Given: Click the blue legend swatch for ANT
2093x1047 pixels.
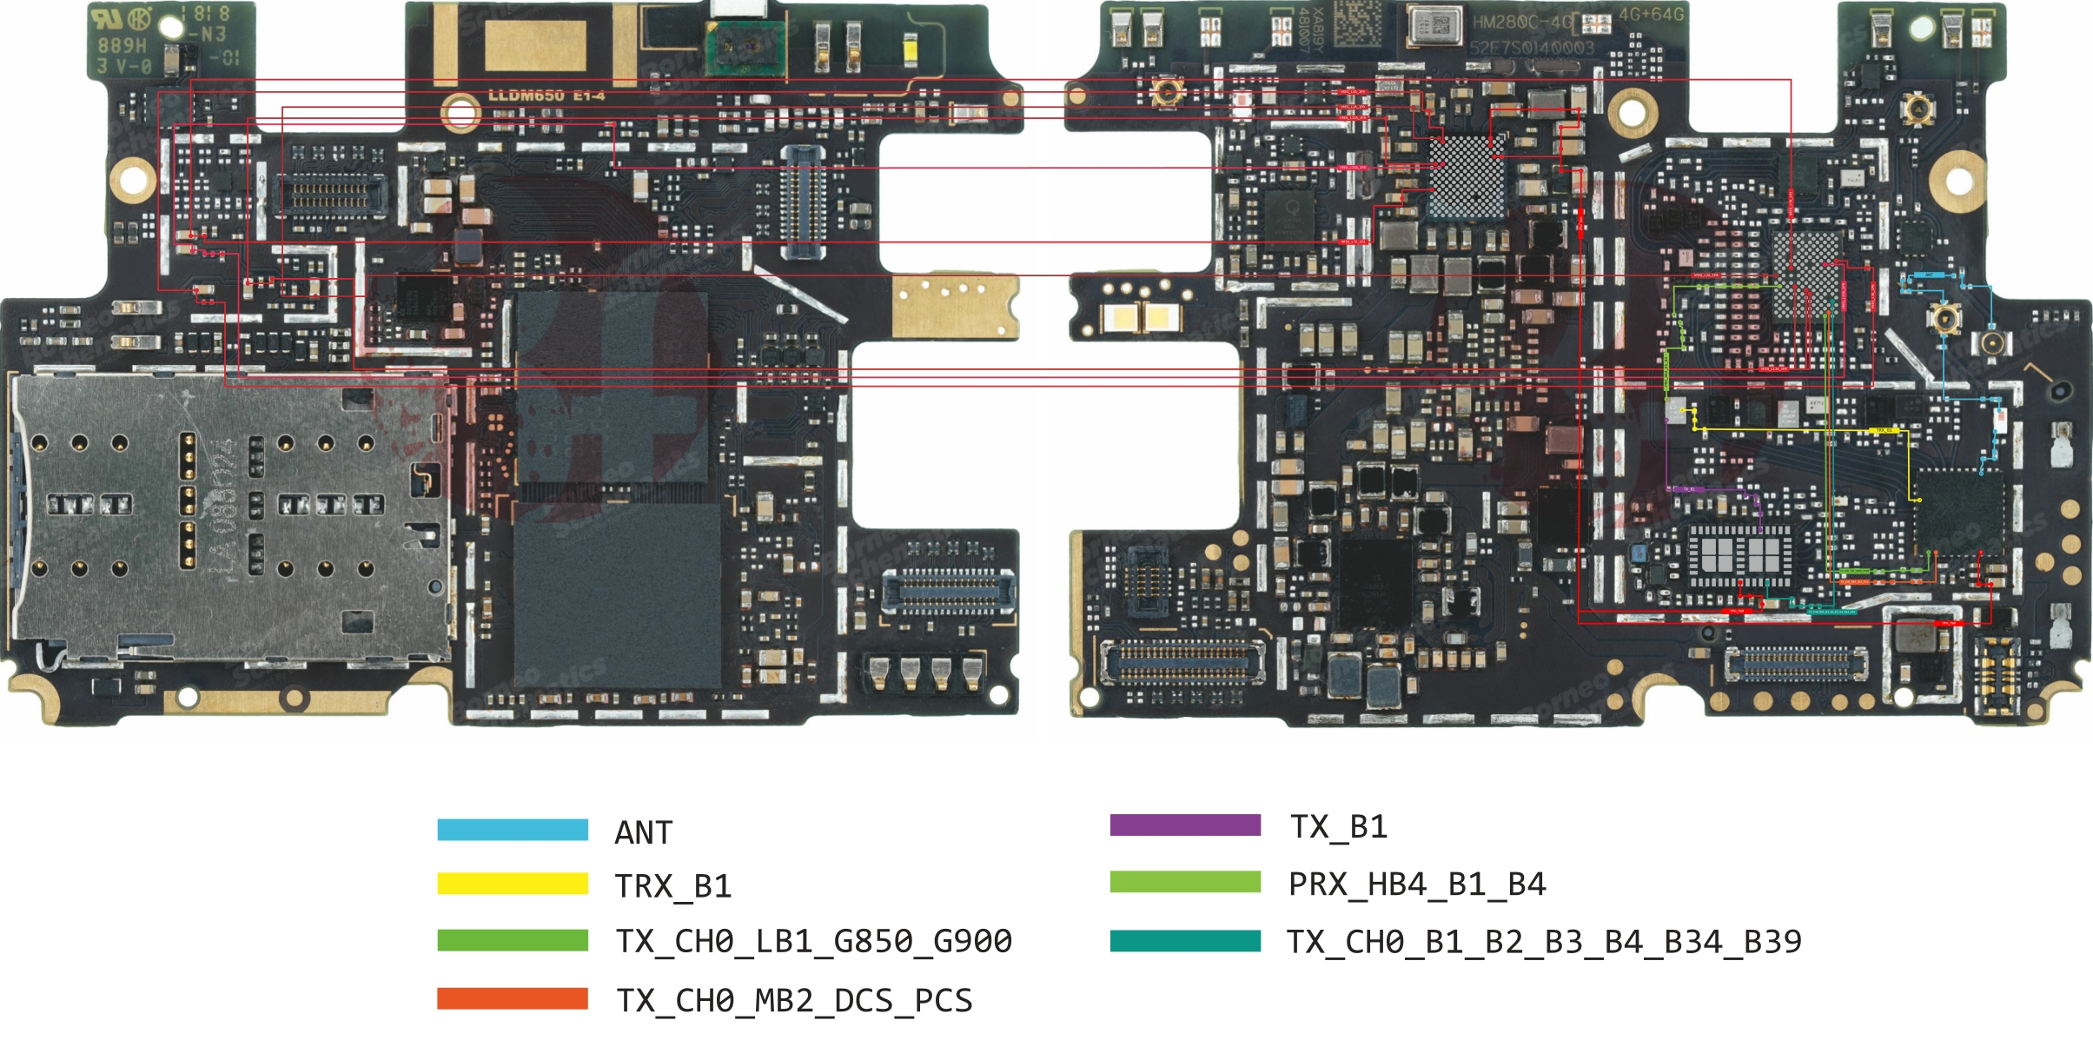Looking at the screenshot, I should tap(513, 830).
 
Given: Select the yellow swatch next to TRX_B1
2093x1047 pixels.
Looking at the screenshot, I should tap(513, 884).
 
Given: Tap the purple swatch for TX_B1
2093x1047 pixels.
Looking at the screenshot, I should tap(1185, 825).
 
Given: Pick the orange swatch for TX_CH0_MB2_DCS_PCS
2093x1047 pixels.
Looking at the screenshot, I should tap(513, 998).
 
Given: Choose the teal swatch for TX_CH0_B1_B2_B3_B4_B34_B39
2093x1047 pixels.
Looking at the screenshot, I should tap(1185, 941).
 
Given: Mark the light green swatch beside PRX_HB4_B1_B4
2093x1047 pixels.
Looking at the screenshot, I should tap(1185, 882).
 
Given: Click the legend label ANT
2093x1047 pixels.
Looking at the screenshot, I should tap(644, 832).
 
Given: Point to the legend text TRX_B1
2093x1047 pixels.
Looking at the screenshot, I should tap(673, 886).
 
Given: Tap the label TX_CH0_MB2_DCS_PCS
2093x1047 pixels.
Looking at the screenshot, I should tap(794, 1000).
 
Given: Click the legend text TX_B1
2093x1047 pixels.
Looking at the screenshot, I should tap(1339, 826).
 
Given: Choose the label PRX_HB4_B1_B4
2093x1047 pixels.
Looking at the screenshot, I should tap(1417, 885).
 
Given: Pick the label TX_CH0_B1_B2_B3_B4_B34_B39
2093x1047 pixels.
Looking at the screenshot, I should tap(1544, 942).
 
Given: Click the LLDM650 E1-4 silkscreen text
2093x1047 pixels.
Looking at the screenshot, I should tap(546, 96).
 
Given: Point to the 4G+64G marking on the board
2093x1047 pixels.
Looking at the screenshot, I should tap(1651, 15).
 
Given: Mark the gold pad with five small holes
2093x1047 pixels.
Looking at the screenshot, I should tap(954, 306).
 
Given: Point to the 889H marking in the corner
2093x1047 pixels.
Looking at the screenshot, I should tap(123, 45).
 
